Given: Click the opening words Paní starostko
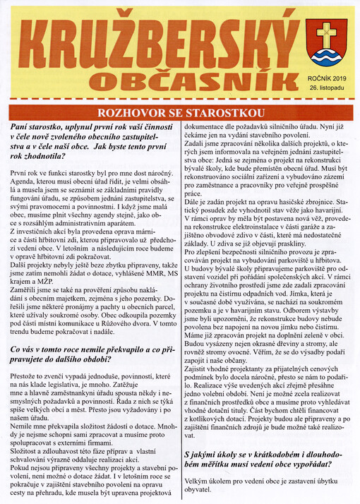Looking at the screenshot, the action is pyautogui.click(x=38, y=126).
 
